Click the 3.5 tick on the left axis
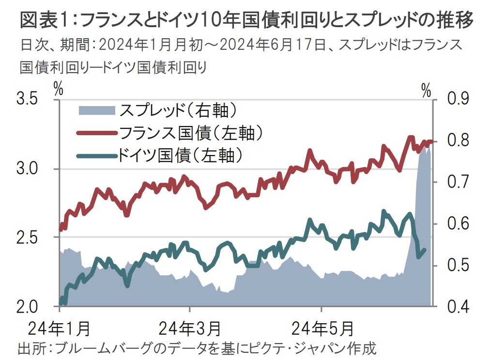coord(28,100)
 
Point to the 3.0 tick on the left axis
coord(28,169)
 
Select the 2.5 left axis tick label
coord(28,238)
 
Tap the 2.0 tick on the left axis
coord(28,307)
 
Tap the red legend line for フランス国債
coord(97,133)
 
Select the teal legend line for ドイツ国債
coord(97,155)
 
